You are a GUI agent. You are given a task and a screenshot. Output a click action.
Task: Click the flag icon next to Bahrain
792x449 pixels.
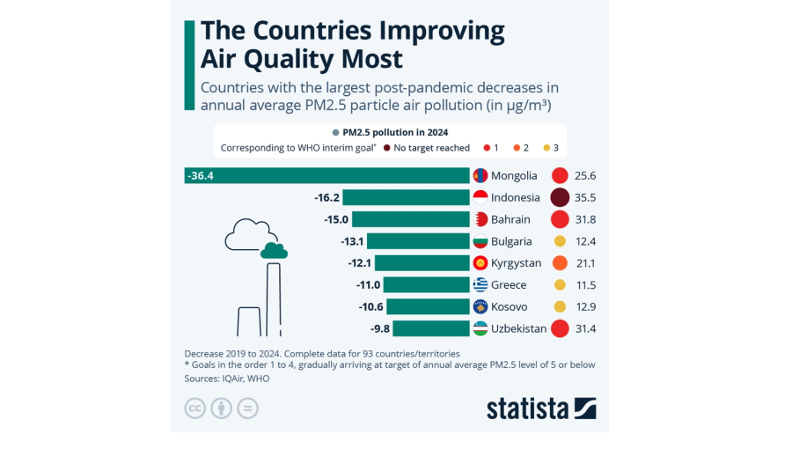(480, 219)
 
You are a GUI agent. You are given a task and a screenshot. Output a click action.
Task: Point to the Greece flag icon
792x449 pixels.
(480, 284)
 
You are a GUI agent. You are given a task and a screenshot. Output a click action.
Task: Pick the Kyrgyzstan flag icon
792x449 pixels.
(480, 263)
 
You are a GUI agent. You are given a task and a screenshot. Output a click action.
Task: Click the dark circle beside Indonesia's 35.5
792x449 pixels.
(559, 197)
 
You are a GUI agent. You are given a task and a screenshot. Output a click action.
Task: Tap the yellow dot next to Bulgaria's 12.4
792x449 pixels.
(559, 241)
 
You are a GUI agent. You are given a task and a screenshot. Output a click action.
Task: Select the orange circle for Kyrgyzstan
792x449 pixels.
(559, 263)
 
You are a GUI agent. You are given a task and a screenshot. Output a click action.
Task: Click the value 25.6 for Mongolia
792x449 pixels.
(585, 175)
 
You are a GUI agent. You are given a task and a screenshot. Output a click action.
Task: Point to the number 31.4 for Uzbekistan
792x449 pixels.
(585, 328)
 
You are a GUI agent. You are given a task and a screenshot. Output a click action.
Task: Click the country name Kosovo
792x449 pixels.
(509, 306)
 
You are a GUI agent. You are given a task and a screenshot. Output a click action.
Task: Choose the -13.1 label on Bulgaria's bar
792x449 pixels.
(353, 241)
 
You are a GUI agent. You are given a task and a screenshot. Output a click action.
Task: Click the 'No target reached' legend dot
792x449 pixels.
(386, 148)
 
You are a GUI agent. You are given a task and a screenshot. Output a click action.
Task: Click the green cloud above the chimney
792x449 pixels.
(274, 251)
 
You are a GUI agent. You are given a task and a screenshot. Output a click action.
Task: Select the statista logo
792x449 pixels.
(541, 409)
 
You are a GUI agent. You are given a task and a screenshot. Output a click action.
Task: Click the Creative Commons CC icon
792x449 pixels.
(194, 409)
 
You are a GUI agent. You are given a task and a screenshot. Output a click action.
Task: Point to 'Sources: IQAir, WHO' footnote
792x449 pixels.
(227, 379)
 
